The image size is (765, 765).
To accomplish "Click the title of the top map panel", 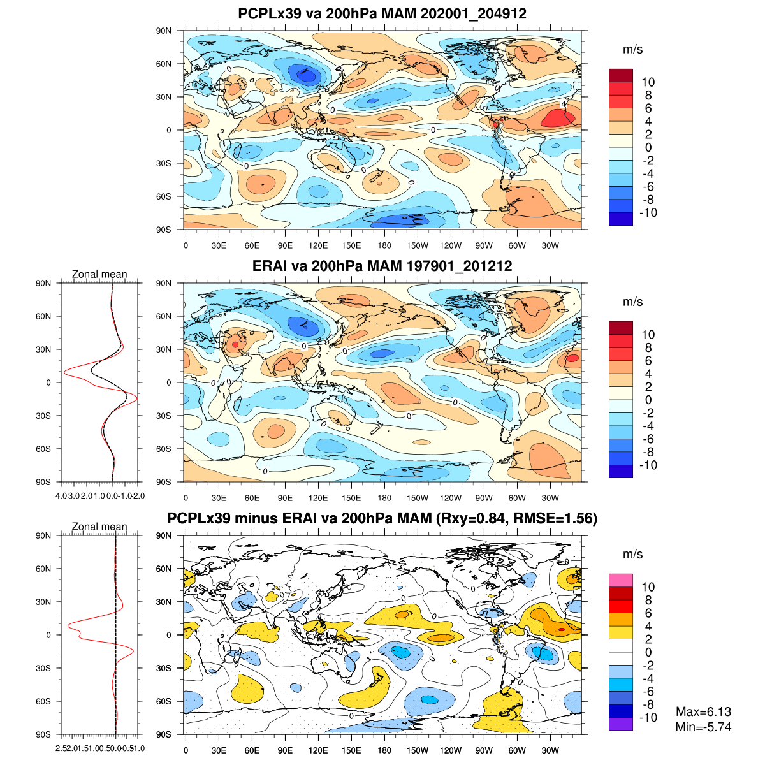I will (382, 13).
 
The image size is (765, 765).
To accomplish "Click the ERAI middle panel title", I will (382, 266).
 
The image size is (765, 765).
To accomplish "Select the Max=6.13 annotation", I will (703, 712).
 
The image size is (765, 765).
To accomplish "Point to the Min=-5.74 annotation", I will (703, 727).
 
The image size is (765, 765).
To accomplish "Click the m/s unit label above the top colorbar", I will (632, 50).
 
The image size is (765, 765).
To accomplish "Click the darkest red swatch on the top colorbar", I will (621, 75).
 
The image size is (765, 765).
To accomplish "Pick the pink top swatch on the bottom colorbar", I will (621, 580).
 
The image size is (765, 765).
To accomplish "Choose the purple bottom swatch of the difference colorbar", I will (621, 724).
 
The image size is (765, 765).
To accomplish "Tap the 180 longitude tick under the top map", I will (384, 245).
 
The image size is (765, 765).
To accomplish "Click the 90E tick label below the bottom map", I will (285, 750).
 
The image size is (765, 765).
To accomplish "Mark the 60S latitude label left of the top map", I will (164, 196).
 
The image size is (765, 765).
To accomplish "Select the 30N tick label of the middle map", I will (164, 349).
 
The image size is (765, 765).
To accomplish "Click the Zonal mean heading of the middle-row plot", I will (99, 274).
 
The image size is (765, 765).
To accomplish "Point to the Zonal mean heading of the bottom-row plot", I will (99, 527).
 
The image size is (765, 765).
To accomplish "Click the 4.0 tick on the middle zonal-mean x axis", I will (62, 495).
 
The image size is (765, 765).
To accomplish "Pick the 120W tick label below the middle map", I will (451, 498).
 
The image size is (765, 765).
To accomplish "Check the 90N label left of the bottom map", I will (164, 535).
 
